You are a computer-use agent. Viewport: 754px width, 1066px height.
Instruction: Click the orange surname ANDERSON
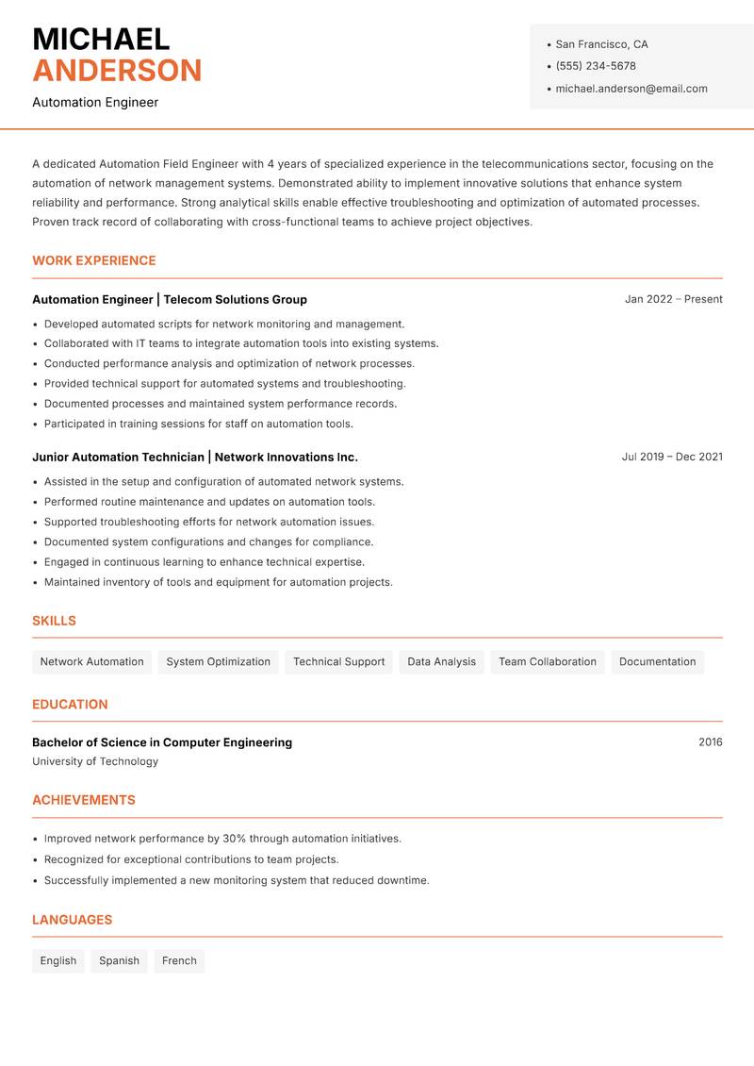(x=117, y=71)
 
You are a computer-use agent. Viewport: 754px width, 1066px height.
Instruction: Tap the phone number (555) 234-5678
(x=596, y=66)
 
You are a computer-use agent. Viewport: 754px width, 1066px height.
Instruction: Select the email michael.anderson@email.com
(x=631, y=89)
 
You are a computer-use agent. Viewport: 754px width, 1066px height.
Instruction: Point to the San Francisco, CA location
(x=601, y=44)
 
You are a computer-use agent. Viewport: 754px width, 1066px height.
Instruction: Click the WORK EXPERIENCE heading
(x=94, y=260)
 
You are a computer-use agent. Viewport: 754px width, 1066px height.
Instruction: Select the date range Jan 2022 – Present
(x=673, y=299)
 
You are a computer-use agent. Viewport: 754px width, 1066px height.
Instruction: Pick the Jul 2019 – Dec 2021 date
(x=672, y=457)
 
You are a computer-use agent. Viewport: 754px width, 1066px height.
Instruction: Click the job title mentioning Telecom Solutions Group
(x=170, y=299)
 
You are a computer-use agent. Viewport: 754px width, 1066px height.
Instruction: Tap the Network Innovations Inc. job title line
(x=195, y=457)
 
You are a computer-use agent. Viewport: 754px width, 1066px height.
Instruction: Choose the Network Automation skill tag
(x=92, y=661)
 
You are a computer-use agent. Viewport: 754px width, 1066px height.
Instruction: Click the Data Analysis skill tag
(x=441, y=661)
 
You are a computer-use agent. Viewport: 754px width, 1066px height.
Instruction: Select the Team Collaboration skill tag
(x=548, y=661)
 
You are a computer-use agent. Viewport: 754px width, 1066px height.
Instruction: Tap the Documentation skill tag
(x=657, y=661)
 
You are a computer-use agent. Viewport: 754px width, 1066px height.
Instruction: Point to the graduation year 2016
(x=711, y=742)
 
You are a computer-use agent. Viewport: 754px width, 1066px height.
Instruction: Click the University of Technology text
(x=95, y=761)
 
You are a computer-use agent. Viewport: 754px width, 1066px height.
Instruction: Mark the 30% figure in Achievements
(x=236, y=839)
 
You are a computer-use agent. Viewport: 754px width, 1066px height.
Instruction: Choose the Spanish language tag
(x=119, y=960)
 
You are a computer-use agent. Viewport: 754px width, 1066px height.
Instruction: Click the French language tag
(x=179, y=960)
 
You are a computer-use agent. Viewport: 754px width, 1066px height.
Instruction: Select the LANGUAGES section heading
(x=72, y=920)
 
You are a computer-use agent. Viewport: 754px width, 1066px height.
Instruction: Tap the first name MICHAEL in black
(x=101, y=39)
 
